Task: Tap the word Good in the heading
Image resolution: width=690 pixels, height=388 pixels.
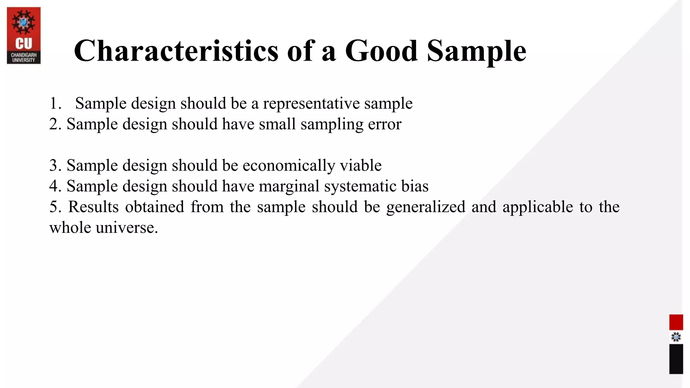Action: [x=381, y=51]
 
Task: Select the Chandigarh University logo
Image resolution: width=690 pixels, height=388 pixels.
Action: [x=24, y=35]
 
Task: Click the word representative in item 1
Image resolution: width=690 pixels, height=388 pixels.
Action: [x=311, y=103]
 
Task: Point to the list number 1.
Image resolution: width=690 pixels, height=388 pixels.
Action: [x=55, y=103]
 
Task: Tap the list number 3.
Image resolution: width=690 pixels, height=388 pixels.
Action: [x=55, y=166]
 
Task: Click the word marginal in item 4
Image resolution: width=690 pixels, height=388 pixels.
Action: [x=289, y=186]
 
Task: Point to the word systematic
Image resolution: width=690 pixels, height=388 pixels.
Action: [x=360, y=186]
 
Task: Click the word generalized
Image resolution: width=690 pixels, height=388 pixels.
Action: [x=426, y=207]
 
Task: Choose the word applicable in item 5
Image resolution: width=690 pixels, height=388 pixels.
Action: [x=538, y=207]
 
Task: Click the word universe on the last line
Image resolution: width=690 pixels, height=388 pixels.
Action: [x=127, y=228]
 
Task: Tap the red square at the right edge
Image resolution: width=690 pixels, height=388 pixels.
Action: [x=676, y=322]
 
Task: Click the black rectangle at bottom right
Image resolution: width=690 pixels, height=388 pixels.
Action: [x=676, y=359]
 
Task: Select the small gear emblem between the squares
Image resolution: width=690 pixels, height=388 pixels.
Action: [x=676, y=337]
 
